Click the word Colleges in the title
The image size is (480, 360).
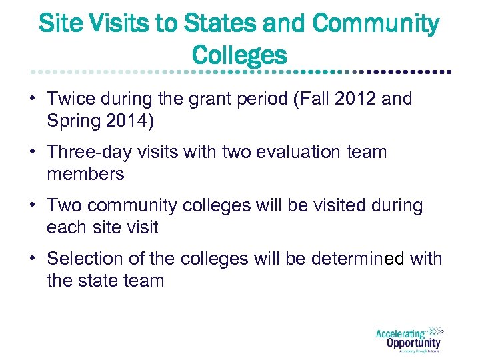239,54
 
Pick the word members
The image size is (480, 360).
86,174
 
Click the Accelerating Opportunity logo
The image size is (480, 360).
408,339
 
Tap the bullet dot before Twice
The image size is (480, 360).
32,99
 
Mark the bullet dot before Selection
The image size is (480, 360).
32,258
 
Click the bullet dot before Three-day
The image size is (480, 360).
32,152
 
